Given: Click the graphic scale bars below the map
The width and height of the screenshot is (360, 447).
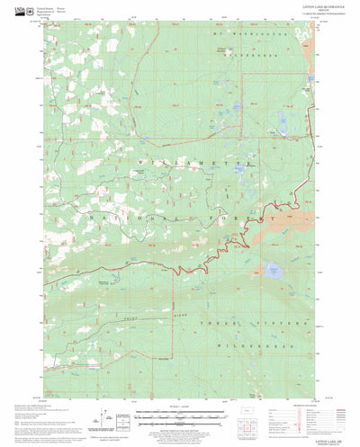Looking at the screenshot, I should point(179,413).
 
